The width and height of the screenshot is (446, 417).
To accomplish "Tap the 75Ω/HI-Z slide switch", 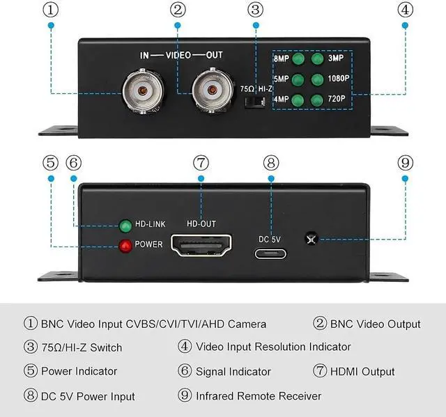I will [256, 102].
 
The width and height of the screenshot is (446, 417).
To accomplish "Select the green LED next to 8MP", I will [298, 59].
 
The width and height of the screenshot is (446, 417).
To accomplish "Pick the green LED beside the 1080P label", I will [318, 79].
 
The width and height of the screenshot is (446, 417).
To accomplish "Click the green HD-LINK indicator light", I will [126, 226].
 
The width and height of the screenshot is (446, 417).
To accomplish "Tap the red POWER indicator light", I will [126, 246].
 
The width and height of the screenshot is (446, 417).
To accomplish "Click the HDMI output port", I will [201, 248].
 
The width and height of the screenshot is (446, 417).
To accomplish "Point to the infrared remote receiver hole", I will [310, 240].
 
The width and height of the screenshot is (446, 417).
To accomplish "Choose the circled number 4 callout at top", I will [406, 9].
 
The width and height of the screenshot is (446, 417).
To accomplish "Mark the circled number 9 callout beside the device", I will [406, 163].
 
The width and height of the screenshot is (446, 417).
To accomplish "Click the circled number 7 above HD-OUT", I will [201, 163].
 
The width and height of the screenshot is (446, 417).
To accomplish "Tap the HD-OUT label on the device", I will [201, 223].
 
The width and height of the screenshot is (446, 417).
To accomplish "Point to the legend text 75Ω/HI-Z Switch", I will [82, 347].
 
